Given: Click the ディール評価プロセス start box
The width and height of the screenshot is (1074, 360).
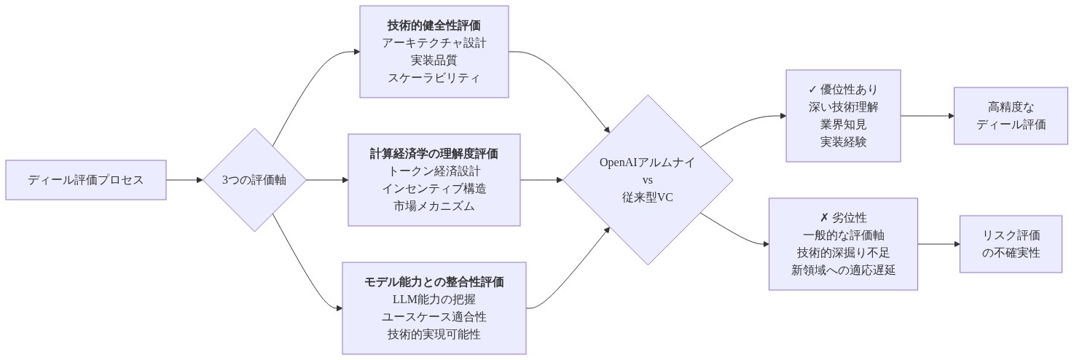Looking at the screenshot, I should pyautogui.click(x=85, y=180).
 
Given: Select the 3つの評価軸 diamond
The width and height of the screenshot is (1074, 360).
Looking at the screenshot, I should pyautogui.click(x=254, y=180).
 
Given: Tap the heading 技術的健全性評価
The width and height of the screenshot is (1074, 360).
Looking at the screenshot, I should pyautogui.click(x=434, y=26).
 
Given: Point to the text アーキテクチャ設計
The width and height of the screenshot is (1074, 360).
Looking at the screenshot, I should pyautogui.click(x=434, y=43).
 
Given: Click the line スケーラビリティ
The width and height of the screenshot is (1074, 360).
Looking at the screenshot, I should pyautogui.click(x=434, y=78).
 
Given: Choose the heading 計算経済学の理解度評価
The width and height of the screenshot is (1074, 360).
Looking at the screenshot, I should pyautogui.click(x=434, y=154).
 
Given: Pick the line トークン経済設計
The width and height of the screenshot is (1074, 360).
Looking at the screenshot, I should pyautogui.click(x=434, y=171).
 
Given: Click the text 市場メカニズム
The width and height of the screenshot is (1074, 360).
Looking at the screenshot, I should pyautogui.click(x=434, y=206).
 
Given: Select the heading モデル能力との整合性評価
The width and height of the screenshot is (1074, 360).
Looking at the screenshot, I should pyautogui.click(x=434, y=281).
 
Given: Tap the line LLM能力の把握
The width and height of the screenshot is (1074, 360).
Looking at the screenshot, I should pyautogui.click(x=434, y=299).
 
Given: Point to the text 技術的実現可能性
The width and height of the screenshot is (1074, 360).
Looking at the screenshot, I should pyautogui.click(x=434, y=334).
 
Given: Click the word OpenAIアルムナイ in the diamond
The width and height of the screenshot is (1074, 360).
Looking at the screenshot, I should pyautogui.click(x=647, y=163).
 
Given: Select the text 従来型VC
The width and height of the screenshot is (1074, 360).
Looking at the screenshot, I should pyautogui.click(x=647, y=197).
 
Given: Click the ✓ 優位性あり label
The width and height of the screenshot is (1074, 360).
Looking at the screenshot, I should pyautogui.click(x=843, y=90).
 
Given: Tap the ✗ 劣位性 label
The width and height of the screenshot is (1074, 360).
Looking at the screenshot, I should pyautogui.click(x=843, y=218).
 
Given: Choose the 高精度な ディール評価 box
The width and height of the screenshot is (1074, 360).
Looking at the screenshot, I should pyautogui.click(x=1011, y=116).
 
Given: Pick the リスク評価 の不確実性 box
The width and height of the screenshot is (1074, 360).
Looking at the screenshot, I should pyautogui.click(x=1011, y=244).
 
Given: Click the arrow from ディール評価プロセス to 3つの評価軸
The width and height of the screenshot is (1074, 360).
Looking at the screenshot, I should pyautogui.click(x=184, y=180).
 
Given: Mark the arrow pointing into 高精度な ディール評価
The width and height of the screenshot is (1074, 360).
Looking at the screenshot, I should pyautogui.click(x=928, y=116).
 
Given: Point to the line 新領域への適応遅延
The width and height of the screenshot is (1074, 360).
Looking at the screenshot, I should pyautogui.click(x=843, y=270).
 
